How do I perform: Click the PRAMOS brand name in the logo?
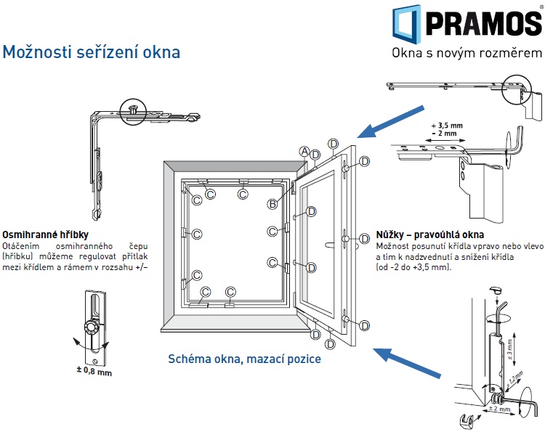tap(483, 23)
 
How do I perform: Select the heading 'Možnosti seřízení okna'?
tap(92, 53)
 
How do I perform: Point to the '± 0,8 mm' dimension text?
tap(94, 372)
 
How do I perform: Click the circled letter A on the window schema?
tap(304, 150)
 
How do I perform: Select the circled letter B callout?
tap(272, 204)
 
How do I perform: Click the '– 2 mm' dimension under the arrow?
tap(446, 134)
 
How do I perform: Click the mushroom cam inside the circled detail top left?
tap(135, 108)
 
